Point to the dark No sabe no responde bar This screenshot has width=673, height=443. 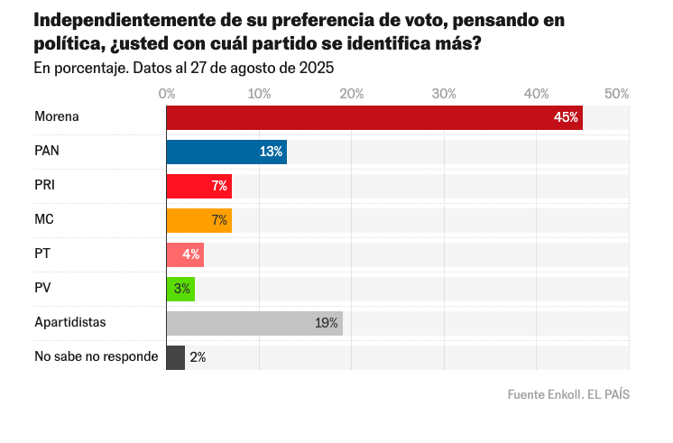coord(176,357)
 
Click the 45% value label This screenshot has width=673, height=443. coord(566,117)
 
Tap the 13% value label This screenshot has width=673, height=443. coord(271,152)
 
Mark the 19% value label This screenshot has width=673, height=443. coord(327,323)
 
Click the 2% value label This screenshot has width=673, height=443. coord(198,357)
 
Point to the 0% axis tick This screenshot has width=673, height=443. coord(167,94)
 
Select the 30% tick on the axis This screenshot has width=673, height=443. coord(444,94)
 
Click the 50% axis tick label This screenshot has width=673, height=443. coord(616,94)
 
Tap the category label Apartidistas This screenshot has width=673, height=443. coord(70,322)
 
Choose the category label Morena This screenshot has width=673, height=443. coord(57,117)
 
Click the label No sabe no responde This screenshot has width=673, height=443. coord(96,356)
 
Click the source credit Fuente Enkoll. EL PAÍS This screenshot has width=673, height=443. coord(568,394)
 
